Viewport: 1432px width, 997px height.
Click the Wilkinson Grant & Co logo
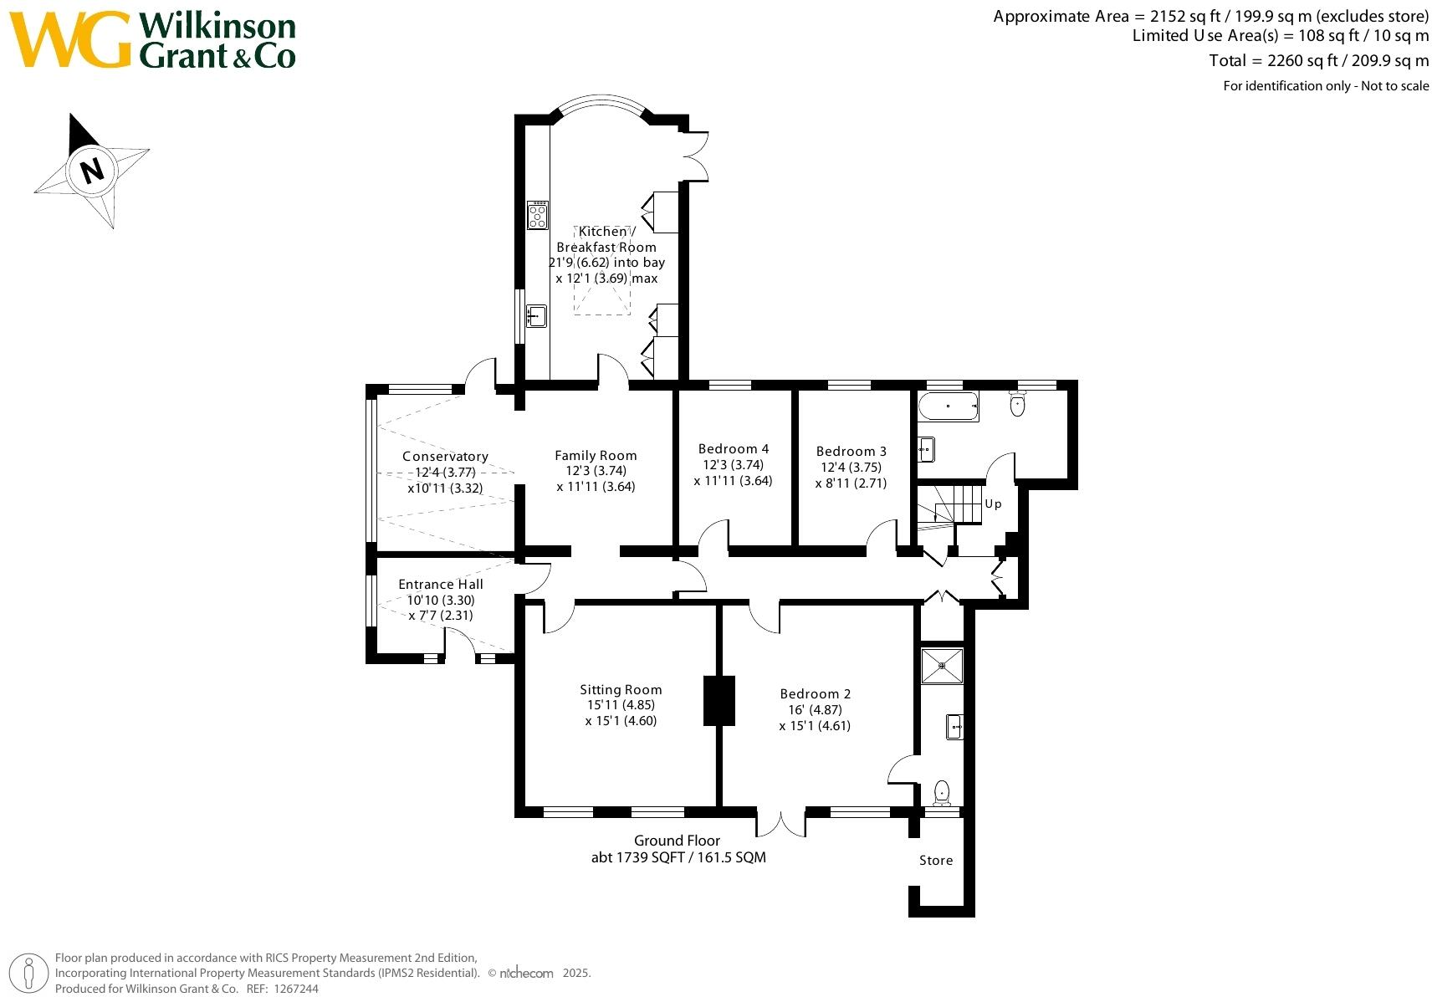(153, 39)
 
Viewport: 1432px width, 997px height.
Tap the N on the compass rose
(91, 171)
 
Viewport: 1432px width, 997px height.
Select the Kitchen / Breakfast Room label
(606, 239)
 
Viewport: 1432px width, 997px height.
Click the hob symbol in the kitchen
(537, 215)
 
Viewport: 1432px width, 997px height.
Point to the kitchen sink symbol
(536, 316)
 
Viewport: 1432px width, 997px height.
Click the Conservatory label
(445, 457)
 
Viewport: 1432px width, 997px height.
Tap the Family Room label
(596, 456)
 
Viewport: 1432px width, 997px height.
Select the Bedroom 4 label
(733, 449)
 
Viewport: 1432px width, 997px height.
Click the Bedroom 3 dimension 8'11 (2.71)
(851, 483)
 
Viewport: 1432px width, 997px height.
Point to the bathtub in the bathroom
(948, 406)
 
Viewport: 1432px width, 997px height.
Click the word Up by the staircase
(993, 504)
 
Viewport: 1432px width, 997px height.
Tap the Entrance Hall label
(440, 585)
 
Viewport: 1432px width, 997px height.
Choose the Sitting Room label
(621, 690)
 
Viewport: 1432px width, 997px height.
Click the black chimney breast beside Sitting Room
(719, 700)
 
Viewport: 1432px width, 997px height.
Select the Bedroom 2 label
(815, 694)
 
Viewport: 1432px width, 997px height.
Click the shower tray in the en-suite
(942, 666)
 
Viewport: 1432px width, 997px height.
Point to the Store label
(935, 861)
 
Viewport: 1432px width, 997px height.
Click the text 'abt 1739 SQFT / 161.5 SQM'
(678, 857)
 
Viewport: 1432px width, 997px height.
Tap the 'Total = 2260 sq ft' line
(1318, 60)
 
